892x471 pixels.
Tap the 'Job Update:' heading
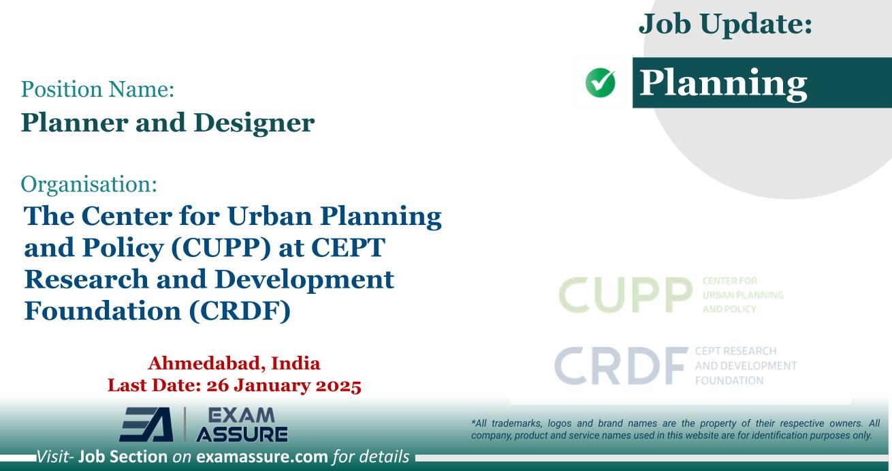[725, 27]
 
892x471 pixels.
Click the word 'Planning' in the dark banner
[724, 82]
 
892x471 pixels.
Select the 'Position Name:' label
[93, 88]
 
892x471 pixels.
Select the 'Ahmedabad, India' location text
[234, 362]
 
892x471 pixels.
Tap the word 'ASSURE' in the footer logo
[241, 434]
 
